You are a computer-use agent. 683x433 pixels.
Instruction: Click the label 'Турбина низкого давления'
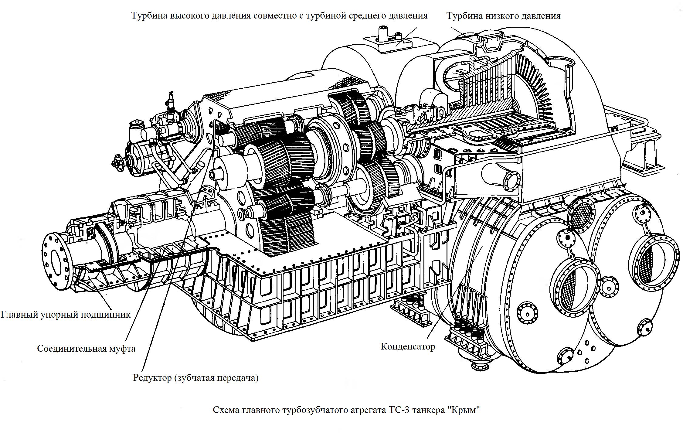(503, 16)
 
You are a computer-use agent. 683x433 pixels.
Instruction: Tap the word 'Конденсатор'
(408, 346)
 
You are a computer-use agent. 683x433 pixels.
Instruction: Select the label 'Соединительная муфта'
(86, 348)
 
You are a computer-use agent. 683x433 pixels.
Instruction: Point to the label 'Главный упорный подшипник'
(66, 315)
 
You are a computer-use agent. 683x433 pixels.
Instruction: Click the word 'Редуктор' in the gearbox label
(152, 378)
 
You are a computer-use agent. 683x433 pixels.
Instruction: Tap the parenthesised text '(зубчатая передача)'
(216, 378)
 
